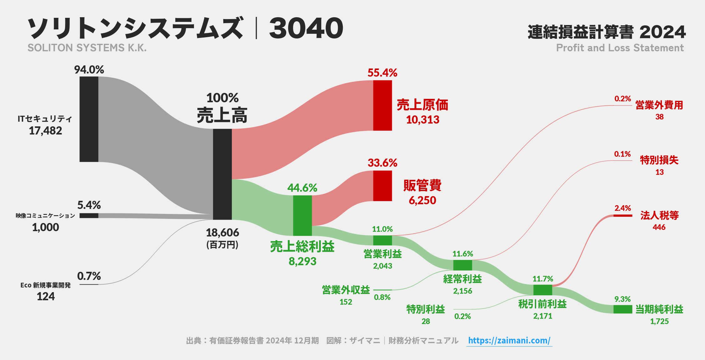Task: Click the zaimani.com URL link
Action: pos(509,340)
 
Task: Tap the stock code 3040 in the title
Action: pos(306,29)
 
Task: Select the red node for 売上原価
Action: pos(382,105)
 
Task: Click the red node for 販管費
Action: pos(382,186)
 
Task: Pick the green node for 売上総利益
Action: pos(302,215)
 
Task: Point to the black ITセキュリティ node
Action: pos(89,119)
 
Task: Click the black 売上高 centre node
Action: pos(222,174)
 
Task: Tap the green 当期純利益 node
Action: pos(622,309)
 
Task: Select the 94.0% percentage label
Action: pos(89,69)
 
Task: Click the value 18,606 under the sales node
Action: pos(222,233)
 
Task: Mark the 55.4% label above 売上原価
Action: pos(382,73)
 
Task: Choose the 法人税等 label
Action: pos(659,215)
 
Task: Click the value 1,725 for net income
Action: pos(659,321)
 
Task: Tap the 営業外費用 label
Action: pos(659,105)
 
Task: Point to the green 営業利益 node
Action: pos(382,241)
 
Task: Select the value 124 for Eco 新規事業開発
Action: pos(46,297)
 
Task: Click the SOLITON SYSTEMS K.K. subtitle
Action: pos(87,48)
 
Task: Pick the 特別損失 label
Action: pos(659,160)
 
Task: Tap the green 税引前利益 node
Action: pos(542,290)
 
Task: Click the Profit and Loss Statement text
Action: pos(620,48)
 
